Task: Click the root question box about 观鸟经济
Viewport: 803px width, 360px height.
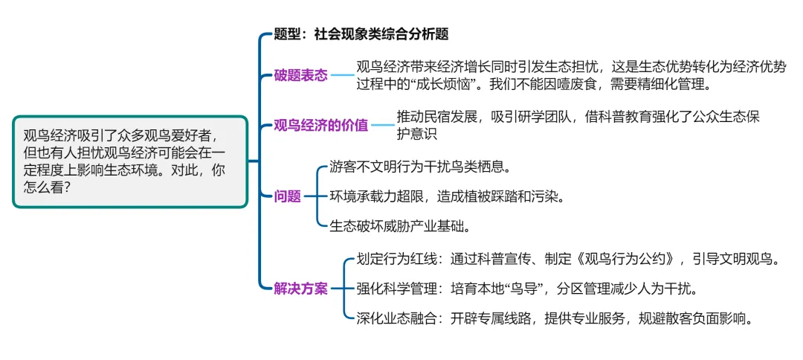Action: click(130, 161)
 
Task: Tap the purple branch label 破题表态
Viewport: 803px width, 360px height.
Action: click(300, 75)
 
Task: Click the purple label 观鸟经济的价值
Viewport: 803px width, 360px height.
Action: click(320, 125)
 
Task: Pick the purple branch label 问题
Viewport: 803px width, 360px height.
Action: click(288, 196)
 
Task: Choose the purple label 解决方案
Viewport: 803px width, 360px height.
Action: click(300, 289)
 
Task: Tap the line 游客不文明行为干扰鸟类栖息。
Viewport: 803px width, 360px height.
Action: click(422, 167)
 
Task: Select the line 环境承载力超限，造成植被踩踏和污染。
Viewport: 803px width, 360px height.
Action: click(448, 196)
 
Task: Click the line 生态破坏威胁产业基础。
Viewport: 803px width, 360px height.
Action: click(400, 225)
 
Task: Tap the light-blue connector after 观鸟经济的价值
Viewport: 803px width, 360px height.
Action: click(382, 125)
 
